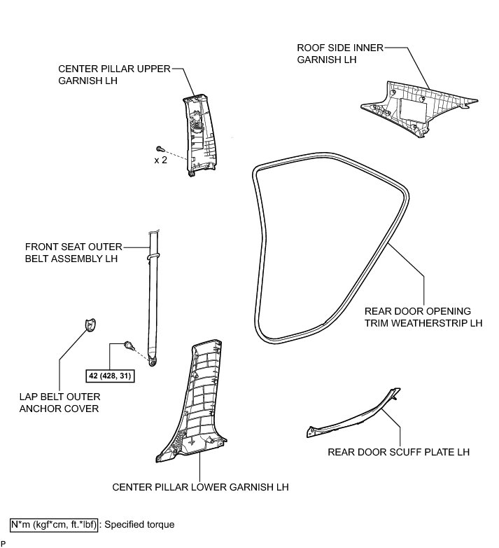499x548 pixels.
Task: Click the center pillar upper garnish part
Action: [x=199, y=133]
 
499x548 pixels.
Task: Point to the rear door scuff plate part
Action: [x=350, y=420]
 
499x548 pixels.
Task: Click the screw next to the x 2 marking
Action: [x=160, y=149]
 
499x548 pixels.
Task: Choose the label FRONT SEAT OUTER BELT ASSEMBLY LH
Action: [x=73, y=253]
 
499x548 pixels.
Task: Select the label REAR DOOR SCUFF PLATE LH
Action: [x=398, y=452]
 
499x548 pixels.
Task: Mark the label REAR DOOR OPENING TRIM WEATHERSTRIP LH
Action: [x=423, y=317]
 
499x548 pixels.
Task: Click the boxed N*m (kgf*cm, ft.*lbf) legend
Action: [x=54, y=523]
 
